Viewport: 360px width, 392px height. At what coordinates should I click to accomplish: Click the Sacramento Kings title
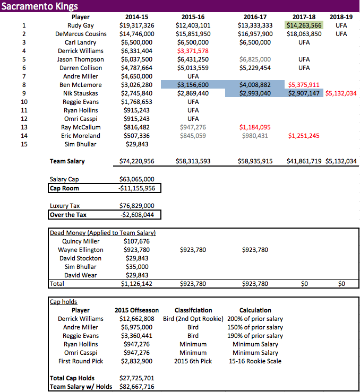coord(40,6)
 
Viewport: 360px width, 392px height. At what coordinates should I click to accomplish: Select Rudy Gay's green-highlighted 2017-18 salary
coord(304,25)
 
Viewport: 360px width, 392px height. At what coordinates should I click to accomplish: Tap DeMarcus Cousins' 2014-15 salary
coord(137,34)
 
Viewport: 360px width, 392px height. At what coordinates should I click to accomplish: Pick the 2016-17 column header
coord(254,17)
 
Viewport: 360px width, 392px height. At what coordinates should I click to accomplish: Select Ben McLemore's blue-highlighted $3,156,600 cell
coord(192,85)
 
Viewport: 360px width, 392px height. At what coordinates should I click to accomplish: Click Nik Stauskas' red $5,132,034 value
coord(340,93)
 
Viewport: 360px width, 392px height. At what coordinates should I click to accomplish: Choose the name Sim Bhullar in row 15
coord(81,144)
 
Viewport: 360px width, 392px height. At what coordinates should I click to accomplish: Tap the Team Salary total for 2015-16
coord(192,161)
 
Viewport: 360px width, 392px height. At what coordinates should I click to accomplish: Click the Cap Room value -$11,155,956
coord(137,188)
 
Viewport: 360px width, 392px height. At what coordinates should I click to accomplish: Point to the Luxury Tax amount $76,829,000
coord(137,206)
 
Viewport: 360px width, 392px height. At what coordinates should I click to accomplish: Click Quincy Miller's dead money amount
coord(137,241)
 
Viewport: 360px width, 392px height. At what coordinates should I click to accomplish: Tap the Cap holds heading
coord(63,302)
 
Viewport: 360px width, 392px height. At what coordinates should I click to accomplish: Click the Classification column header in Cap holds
coord(193,310)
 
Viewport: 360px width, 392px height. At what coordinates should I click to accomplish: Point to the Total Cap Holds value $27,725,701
coord(138,378)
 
